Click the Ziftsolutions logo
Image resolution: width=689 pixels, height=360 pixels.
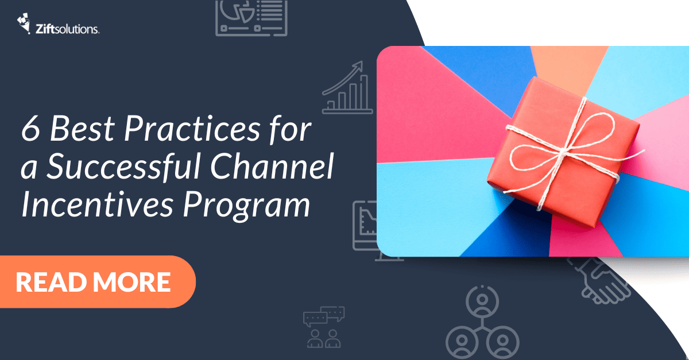coord(57,25)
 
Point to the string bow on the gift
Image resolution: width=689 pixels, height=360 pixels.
coord(566,144)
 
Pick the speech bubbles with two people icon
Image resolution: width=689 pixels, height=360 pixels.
coord(323,327)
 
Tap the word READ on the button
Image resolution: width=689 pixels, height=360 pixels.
coord(51,282)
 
